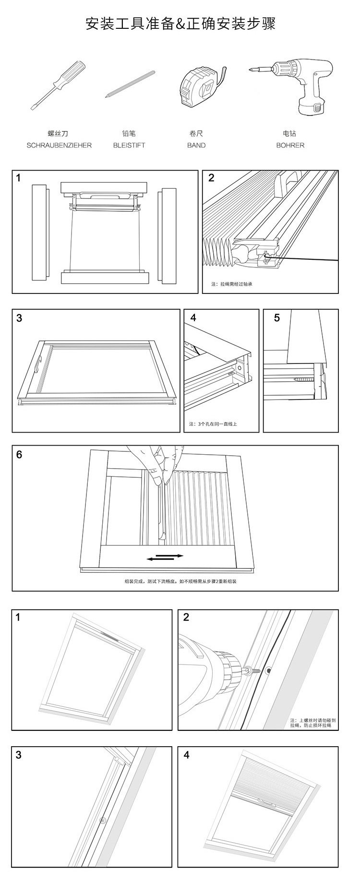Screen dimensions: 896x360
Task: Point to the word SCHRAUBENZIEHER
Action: tap(59, 145)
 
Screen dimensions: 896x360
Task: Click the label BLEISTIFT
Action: tap(129, 145)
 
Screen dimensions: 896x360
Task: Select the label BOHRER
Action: tap(290, 145)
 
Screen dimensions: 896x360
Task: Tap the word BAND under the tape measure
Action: tap(196, 145)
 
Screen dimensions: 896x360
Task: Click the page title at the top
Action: tap(180, 24)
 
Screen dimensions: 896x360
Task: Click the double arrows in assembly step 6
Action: tap(165, 557)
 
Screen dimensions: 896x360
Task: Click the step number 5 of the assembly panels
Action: tap(277, 318)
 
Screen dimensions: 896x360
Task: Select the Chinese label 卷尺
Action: tap(196, 133)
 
